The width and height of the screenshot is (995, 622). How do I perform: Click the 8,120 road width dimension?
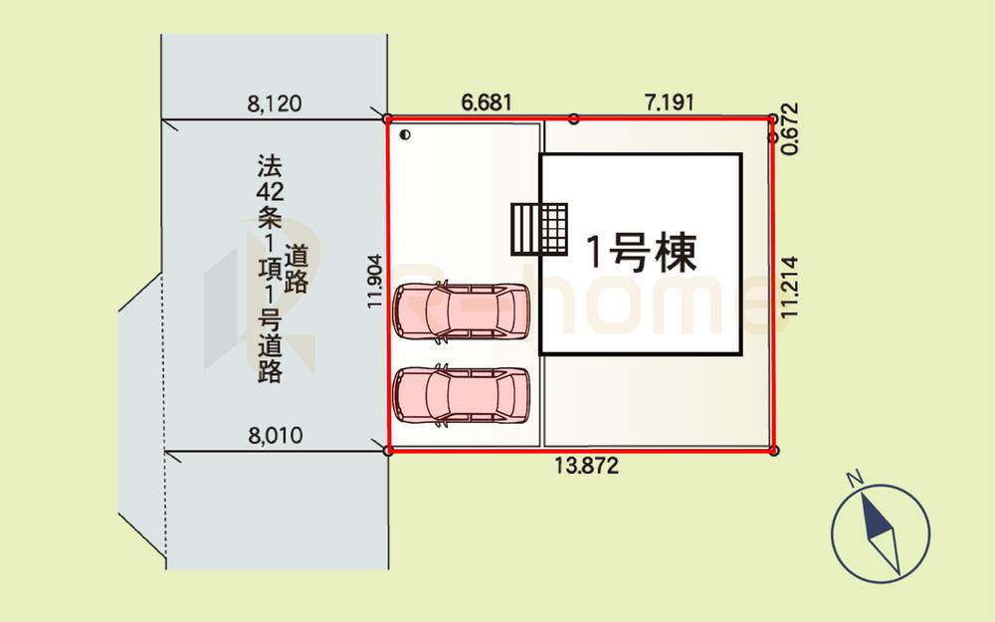point(275,104)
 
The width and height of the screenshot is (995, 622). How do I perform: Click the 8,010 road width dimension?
point(276,436)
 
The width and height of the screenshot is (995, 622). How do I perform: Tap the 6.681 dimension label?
point(487,103)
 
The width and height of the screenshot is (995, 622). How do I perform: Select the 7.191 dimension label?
point(669,103)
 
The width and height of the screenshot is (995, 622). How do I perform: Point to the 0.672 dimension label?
point(790,128)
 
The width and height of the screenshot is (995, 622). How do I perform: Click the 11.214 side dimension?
point(789,287)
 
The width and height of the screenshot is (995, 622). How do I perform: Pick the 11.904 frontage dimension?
point(375,282)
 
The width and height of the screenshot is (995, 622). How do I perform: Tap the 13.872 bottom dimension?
point(586,466)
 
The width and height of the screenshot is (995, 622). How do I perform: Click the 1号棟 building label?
point(640,252)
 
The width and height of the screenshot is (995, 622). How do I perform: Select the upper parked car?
point(462,311)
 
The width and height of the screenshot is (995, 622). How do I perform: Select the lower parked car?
point(462,395)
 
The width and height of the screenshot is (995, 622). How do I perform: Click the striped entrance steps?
point(539,229)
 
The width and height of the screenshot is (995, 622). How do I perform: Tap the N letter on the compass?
point(854,478)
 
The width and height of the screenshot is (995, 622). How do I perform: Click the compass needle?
point(881,532)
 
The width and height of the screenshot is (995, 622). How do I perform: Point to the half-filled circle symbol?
point(406,134)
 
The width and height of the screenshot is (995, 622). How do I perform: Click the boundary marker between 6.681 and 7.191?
point(574,118)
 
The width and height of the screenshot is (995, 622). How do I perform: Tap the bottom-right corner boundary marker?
point(773,451)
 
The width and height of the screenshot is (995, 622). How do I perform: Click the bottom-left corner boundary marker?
point(388,451)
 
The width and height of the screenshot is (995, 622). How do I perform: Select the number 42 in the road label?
point(270,191)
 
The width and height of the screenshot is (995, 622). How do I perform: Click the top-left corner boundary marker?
point(388,118)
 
